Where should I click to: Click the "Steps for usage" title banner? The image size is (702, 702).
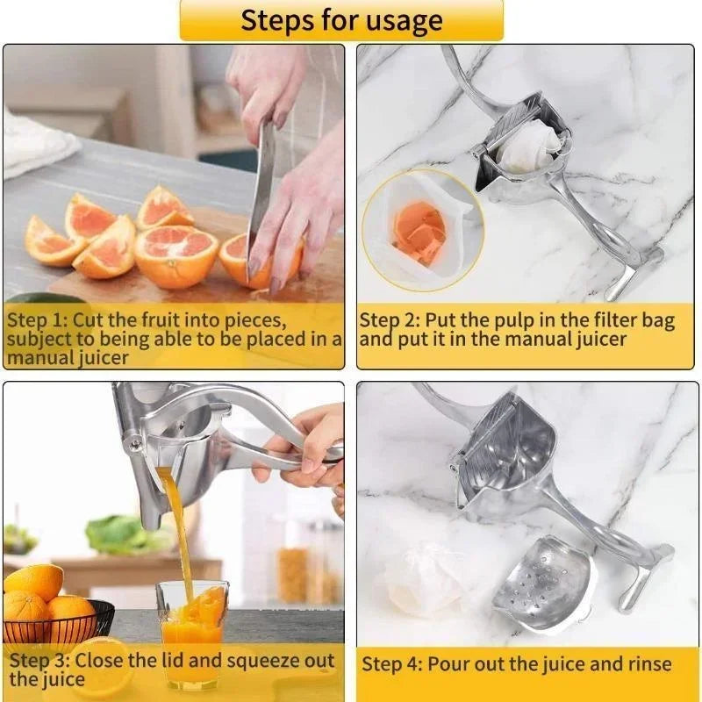pos(342,19)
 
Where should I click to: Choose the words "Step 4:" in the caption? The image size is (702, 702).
pos(391,663)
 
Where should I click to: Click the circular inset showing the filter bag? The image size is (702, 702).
pos(421,231)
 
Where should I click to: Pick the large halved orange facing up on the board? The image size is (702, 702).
pos(175,254)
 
